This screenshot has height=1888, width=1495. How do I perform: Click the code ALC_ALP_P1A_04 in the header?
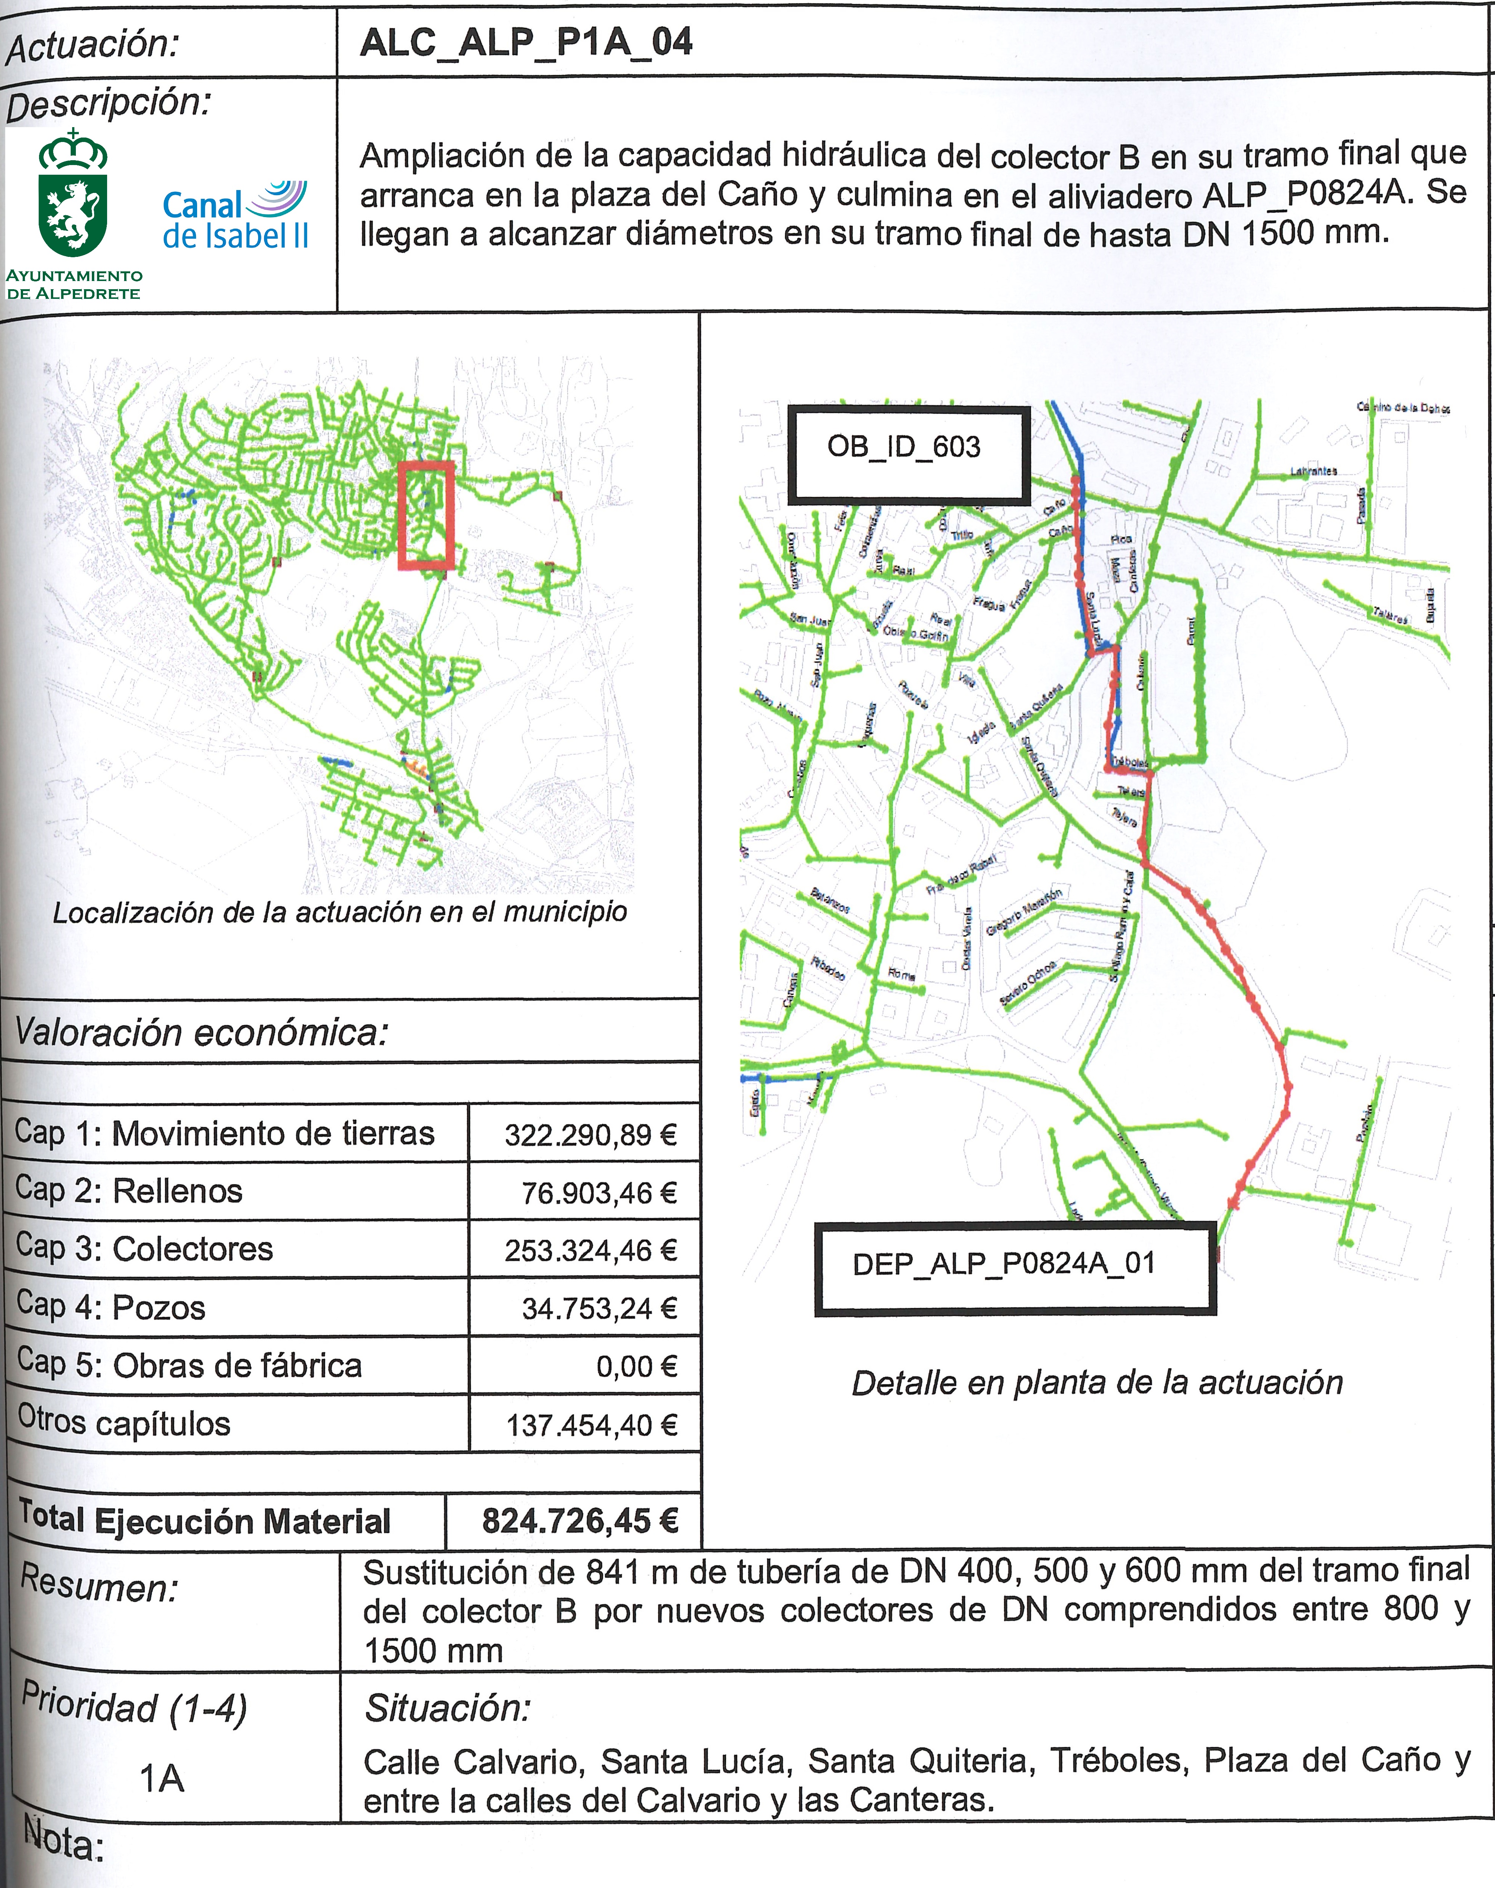tap(526, 42)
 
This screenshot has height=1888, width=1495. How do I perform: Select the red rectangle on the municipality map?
tap(426, 516)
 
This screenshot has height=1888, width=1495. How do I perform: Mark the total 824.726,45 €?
tap(579, 1521)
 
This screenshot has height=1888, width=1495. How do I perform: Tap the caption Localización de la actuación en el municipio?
tap(340, 913)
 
